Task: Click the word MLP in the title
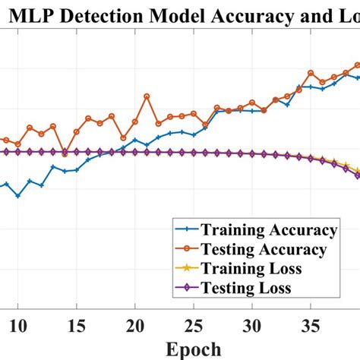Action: pyautogui.click(x=51, y=14)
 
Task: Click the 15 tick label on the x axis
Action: pyautogui.click(x=77, y=326)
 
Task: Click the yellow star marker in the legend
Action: pyautogui.click(x=185, y=269)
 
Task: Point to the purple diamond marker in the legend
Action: pyautogui.click(x=185, y=288)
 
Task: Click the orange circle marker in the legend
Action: pyautogui.click(x=185, y=249)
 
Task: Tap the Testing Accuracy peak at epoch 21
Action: pyautogui.click(x=147, y=96)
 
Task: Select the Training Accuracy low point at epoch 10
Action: pyautogui.click(x=18, y=196)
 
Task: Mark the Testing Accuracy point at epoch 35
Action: pyautogui.click(x=310, y=73)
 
